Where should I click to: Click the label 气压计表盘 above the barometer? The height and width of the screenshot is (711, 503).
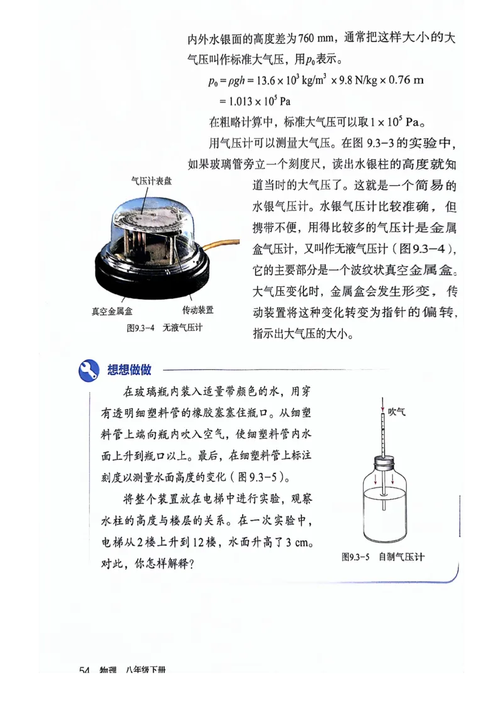[x=151, y=181]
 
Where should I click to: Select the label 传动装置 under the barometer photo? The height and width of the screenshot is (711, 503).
[x=197, y=310]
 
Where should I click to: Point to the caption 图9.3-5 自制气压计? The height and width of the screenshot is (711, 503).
[x=383, y=556]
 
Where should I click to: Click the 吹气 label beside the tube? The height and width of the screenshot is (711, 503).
[x=397, y=412]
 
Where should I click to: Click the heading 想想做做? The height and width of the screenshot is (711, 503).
[x=129, y=370]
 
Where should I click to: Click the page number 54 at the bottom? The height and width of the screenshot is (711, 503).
[x=86, y=669]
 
